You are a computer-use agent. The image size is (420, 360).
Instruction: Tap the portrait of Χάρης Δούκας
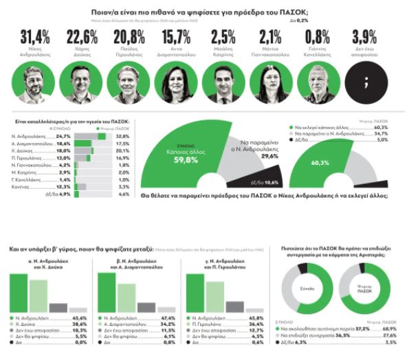[x=82, y=83]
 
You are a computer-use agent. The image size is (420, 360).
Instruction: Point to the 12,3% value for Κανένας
[x=63, y=187]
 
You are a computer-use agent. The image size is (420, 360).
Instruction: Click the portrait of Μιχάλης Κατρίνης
[x=224, y=83]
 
